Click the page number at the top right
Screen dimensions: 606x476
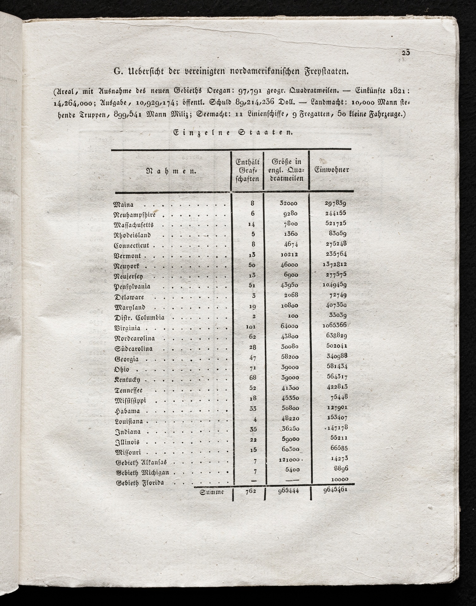coord(406,53)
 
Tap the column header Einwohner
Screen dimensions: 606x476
coord(332,170)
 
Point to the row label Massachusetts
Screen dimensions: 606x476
coord(133,225)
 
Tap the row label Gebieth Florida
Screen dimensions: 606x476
coord(140,483)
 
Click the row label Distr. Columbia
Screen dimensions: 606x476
coord(139,318)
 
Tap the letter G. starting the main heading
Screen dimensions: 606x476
coord(117,72)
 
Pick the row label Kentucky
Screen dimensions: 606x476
coord(127,380)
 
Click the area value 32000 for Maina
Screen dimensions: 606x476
coord(288,204)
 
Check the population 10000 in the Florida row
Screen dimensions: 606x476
coord(340,479)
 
